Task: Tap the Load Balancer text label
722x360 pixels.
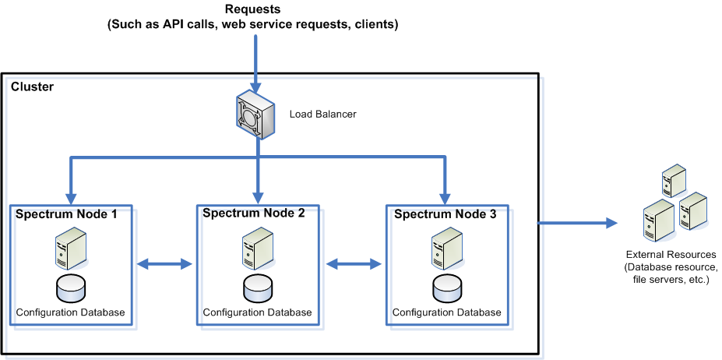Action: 322,115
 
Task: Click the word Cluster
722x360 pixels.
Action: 32,86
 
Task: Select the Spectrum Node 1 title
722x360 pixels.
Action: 65,214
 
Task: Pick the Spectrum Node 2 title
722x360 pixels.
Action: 253,212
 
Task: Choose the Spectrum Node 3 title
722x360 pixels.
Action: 445,214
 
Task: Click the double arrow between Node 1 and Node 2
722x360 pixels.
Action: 164,265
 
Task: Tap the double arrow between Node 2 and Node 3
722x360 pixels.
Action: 354,265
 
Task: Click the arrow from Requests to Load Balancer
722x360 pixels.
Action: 255,62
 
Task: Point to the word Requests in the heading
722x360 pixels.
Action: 252,9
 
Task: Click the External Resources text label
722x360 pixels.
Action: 671,255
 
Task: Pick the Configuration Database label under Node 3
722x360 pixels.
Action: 446,312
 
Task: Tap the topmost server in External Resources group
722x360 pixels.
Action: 673,181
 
